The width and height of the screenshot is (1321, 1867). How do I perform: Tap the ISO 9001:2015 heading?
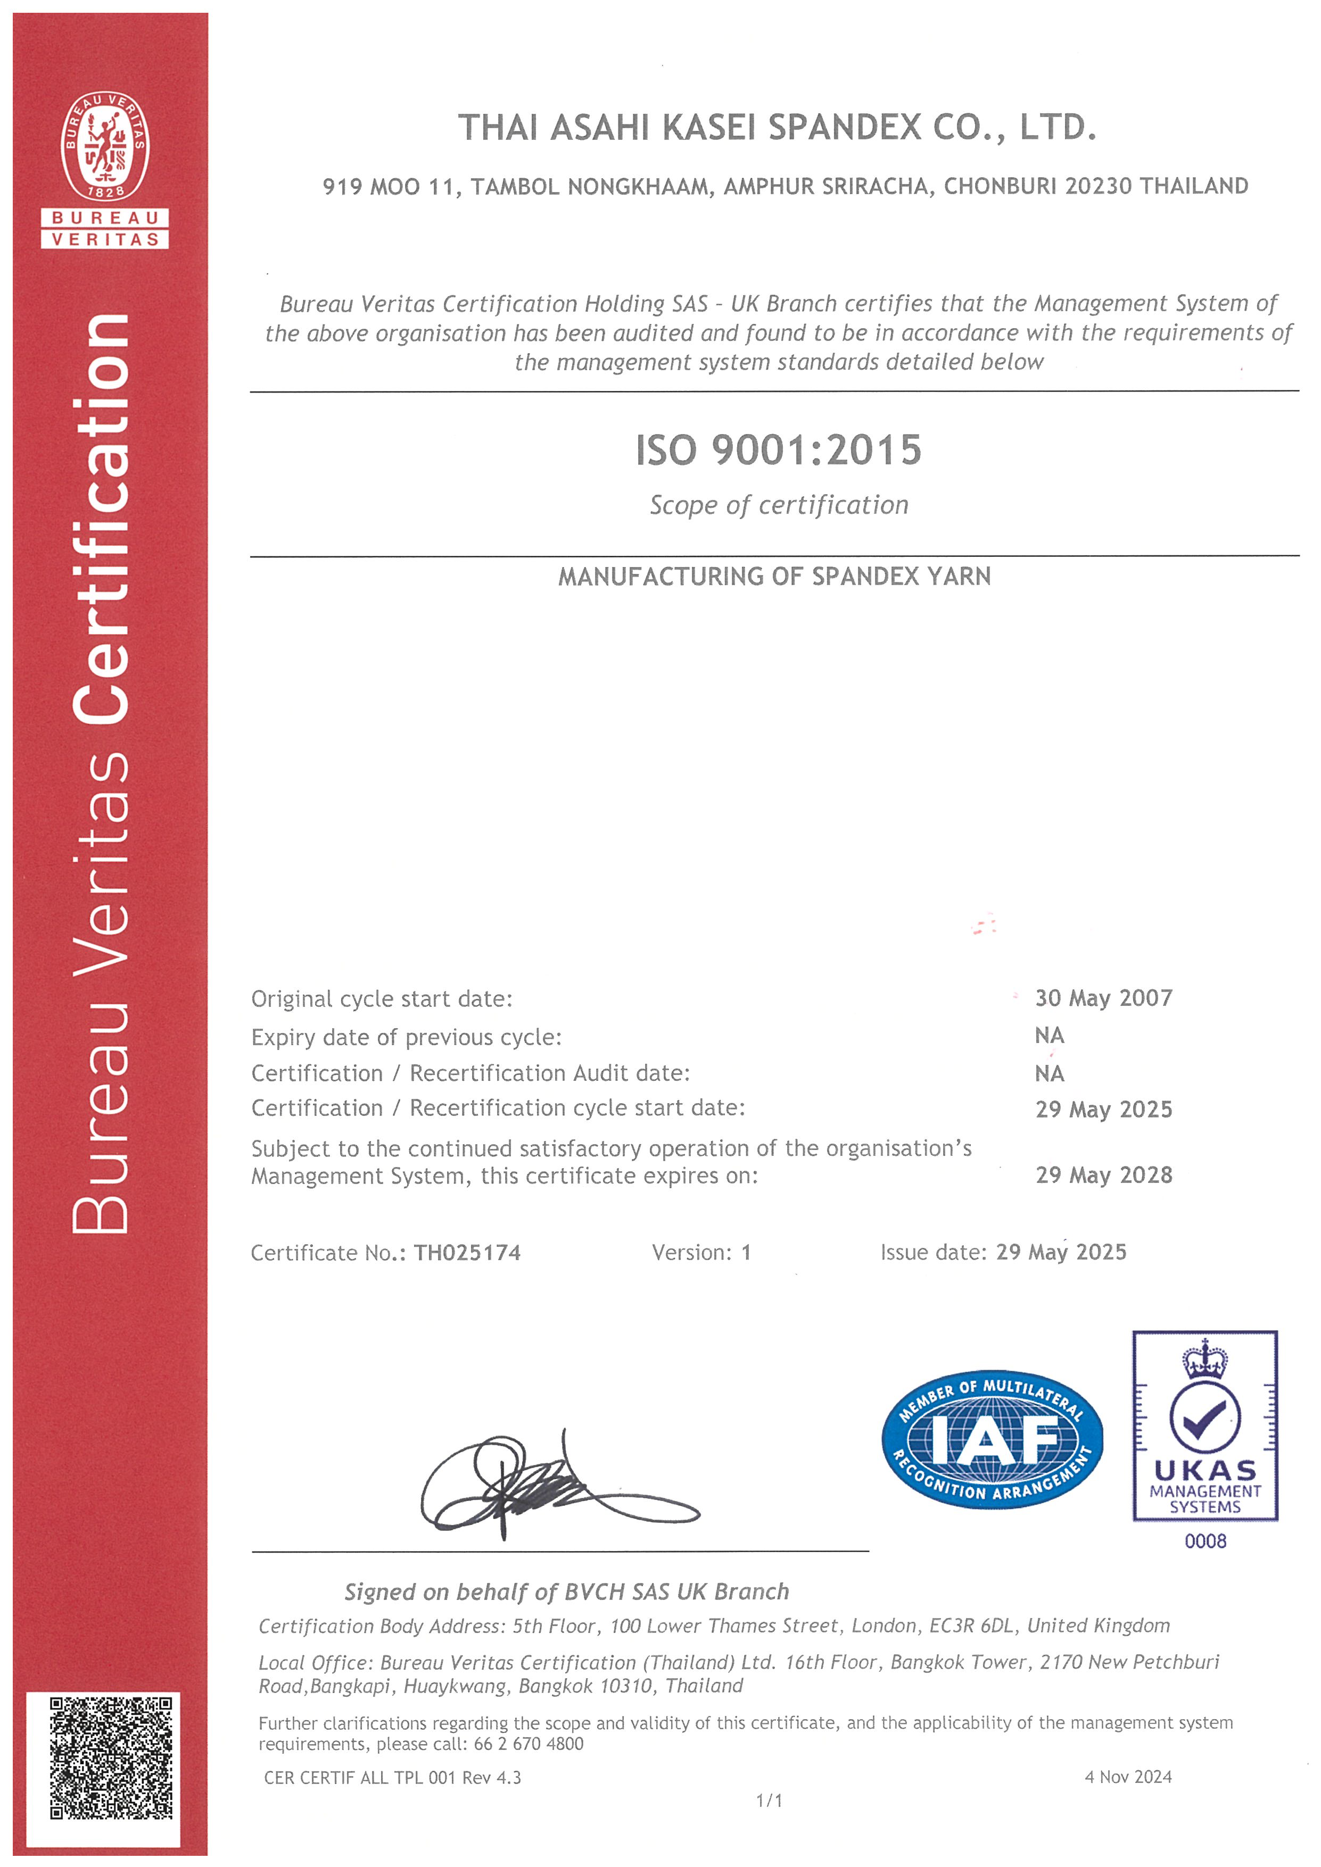(779, 451)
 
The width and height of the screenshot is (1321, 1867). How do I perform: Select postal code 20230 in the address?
(1097, 186)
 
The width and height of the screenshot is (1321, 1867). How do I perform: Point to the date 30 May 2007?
(1103, 998)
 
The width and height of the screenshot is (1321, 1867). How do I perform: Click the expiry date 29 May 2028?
(1103, 1175)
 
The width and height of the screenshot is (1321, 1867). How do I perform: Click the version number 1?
(746, 1252)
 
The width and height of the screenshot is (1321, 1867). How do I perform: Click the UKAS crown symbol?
(1204, 1360)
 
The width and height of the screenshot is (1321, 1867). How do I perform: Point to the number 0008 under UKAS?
(1204, 1541)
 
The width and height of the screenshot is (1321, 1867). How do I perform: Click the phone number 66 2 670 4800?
(528, 1744)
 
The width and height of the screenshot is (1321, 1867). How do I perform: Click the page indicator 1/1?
(769, 1801)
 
